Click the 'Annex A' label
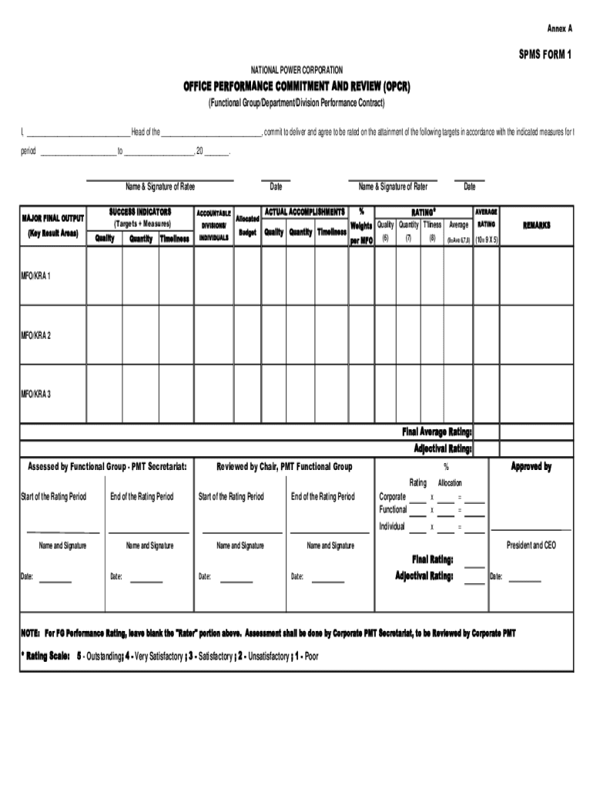pyautogui.click(x=560, y=28)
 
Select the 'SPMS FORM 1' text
pyautogui.click(x=545, y=55)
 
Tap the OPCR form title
pyautogui.click(x=296, y=86)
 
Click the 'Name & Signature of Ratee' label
pyautogui.click(x=160, y=186)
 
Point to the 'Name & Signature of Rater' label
pyautogui.click(x=393, y=186)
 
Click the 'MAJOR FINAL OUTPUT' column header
pyautogui.click(x=53, y=219)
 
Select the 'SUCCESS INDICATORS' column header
pyautogui.click(x=139, y=211)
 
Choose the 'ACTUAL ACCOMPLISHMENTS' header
pyautogui.click(x=305, y=211)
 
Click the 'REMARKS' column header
pyautogui.click(x=537, y=225)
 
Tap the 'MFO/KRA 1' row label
pyautogui.click(x=36, y=275)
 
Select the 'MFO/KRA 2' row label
pyautogui.click(x=36, y=335)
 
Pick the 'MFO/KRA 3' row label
pyautogui.click(x=36, y=394)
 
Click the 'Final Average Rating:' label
pyautogui.click(x=437, y=431)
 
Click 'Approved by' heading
pyautogui.click(x=531, y=467)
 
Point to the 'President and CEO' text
pyautogui.click(x=531, y=545)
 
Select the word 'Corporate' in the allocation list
pyautogui.click(x=393, y=497)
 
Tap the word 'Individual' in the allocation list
pyautogui.click(x=392, y=526)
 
